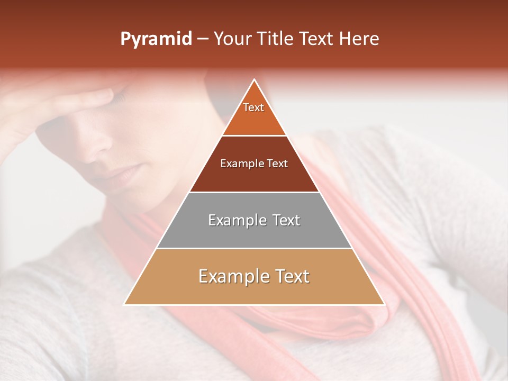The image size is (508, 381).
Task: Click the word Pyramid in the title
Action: (156, 39)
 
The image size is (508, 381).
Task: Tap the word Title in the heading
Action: (274, 39)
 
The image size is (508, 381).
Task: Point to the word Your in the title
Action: (232, 39)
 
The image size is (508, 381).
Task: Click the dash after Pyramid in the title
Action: (203, 39)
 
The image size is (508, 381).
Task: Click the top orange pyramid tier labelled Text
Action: (254, 114)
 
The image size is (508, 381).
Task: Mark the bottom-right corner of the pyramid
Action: (384, 304)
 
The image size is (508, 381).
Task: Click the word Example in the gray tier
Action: (233, 220)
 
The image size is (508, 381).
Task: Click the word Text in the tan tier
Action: (288, 276)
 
